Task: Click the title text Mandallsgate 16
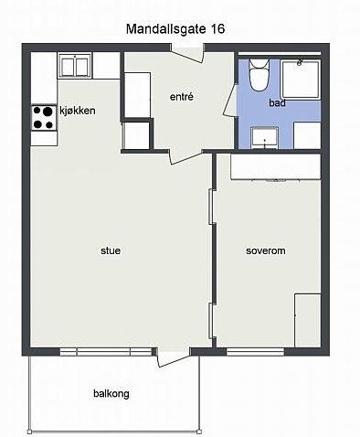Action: coord(174,29)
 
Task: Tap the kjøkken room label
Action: coord(78,111)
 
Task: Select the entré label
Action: coord(182,97)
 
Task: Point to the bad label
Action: coord(277,103)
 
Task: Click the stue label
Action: coord(111,250)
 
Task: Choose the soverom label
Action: coord(266,250)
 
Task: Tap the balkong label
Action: coord(111,394)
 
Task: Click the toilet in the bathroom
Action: coord(259,75)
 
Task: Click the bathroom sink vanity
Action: coord(264,138)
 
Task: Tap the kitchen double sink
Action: coord(74,65)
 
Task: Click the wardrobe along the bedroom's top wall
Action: coord(274,166)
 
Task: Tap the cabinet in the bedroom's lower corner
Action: coord(307,319)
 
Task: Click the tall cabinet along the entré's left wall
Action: coord(137,94)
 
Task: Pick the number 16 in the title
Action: coord(217,29)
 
